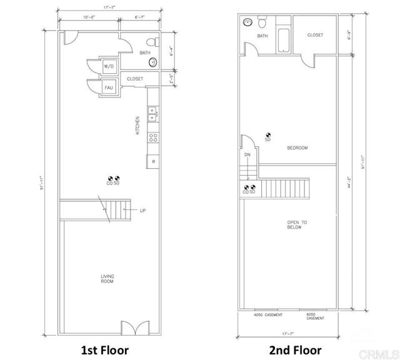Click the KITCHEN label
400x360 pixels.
(138, 126)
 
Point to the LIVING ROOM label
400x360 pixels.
(107, 279)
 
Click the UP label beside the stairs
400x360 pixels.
(143, 211)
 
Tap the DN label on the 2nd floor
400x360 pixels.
(247, 155)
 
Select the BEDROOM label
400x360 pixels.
(297, 148)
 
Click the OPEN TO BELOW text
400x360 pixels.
(294, 225)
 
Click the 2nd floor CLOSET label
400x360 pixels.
(315, 36)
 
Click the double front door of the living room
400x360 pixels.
(134, 329)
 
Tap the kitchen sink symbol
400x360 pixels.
(151, 114)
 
